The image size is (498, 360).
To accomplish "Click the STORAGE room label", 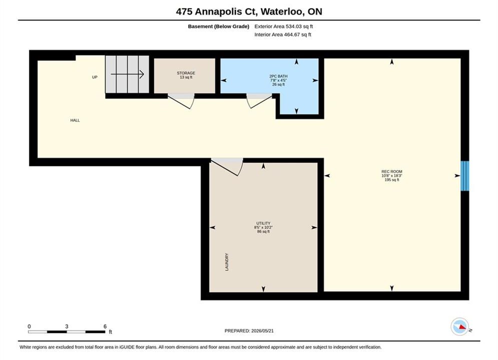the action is point(186,73).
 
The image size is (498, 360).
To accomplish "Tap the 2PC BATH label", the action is point(278,76).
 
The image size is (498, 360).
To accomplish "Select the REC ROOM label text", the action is point(391,171).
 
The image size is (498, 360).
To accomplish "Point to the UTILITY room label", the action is point(263,223).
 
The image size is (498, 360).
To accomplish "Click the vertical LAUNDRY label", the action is point(227,262).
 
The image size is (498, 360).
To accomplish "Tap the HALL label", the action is point(75,120).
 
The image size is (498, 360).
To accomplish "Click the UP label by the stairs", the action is point(95,77).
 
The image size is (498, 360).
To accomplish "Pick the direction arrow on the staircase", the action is point(127,74).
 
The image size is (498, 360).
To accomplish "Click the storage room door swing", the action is point(181,101).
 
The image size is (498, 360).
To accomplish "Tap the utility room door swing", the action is point(227,166).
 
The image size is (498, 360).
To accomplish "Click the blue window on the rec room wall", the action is point(464,176).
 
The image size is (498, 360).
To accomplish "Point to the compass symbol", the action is point(460,326).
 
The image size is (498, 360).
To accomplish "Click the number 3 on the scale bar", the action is point(67,326).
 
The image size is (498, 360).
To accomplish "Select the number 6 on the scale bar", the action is point(105,326).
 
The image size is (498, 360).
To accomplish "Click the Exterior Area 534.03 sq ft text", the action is point(284,26).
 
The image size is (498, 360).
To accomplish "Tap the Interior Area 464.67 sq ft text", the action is point(283,34).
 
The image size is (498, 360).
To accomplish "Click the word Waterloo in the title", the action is point(283,11).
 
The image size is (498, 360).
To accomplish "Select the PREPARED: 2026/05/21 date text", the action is point(249,331).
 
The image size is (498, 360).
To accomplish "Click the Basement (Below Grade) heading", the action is point(219,26).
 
